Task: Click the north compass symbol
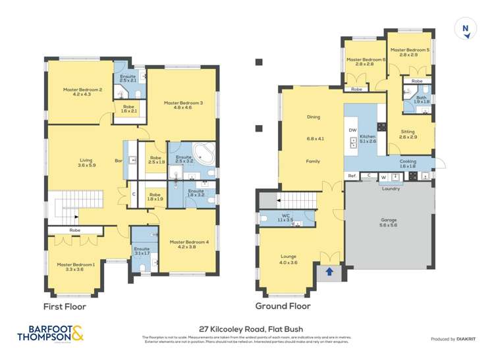(x=466, y=28)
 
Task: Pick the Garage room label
(x=390, y=221)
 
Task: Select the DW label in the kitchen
(x=352, y=130)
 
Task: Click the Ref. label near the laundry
(x=352, y=176)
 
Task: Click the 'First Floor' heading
(x=65, y=306)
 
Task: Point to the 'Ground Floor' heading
(x=283, y=306)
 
